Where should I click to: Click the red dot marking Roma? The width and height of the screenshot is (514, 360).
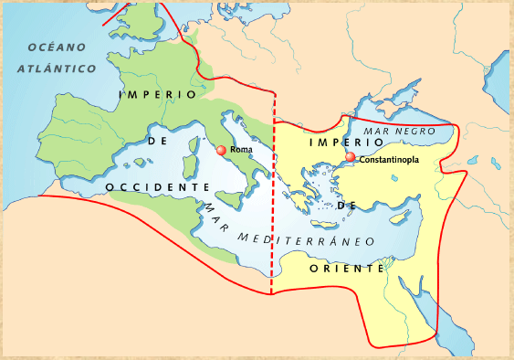coord(221,150)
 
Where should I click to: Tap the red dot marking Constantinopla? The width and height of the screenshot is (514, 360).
coord(351,158)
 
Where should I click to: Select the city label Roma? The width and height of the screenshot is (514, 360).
coord(242,149)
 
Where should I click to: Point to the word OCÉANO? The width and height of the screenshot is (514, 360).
coord(56,47)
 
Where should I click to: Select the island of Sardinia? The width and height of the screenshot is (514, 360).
coord(192,167)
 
